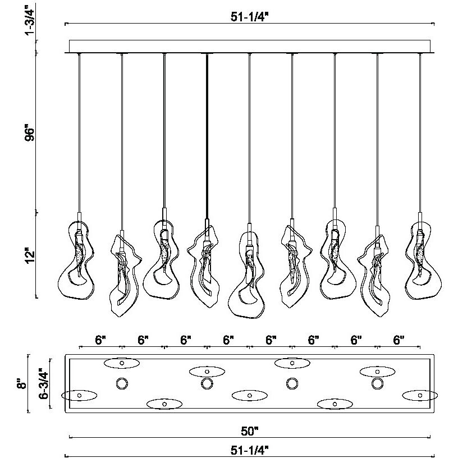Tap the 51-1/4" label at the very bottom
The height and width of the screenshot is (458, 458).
click(250, 449)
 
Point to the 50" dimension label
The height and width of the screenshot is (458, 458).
click(250, 430)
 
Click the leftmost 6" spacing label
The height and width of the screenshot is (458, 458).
click(100, 340)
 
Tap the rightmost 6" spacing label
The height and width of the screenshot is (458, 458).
click(399, 340)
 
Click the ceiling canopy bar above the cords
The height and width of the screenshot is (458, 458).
click(249, 46)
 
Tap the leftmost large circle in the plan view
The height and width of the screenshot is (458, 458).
click(122, 384)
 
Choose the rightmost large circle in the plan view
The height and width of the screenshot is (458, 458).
click(377, 384)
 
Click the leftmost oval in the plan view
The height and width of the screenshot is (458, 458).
click(79, 395)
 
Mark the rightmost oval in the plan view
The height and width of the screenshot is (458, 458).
click(420, 395)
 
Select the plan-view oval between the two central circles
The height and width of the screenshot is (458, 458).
click(249, 395)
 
